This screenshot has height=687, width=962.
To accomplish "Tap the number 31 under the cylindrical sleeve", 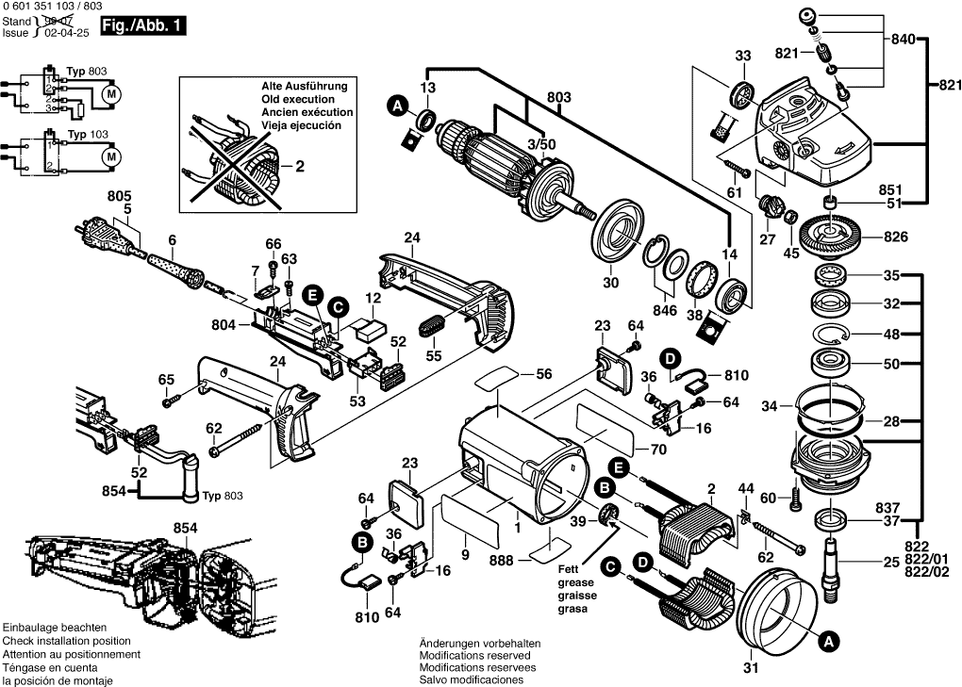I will click(750, 670).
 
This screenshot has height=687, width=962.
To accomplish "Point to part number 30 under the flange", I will click(610, 282).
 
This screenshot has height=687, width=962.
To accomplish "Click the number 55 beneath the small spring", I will click(433, 356).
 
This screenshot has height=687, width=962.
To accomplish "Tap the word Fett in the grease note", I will click(568, 569).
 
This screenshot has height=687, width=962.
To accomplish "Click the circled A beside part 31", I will click(827, 642).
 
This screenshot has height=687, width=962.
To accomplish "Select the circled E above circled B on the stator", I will click(618, 466).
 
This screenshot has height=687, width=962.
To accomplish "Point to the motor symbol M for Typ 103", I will click(110, 155).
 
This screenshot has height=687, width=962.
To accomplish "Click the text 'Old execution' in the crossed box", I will click(297, 99).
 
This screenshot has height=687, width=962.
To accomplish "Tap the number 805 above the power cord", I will click(120, 195).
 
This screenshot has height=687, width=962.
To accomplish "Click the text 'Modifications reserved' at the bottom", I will click(473, 655).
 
